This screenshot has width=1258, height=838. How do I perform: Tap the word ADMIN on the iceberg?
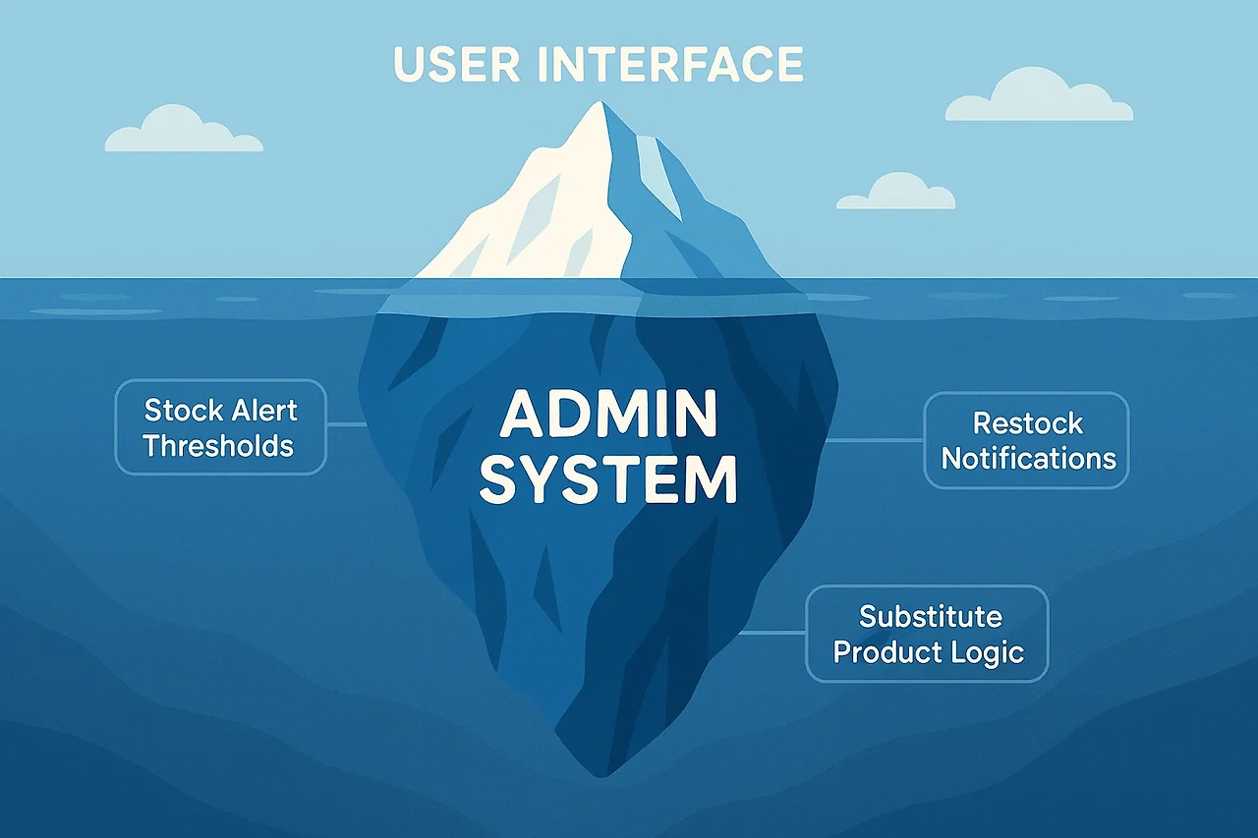(608, 415)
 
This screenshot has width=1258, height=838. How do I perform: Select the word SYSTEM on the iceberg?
(608, 481)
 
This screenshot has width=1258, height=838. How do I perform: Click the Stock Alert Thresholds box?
(220, 427)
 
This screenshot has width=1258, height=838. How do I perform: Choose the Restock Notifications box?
(1027, 440)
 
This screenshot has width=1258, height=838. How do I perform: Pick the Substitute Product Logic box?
(928, 634)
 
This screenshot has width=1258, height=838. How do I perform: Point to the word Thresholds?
(219, 446)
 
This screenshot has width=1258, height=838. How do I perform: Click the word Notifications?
(1029, 458)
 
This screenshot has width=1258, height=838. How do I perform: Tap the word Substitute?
(930, 616)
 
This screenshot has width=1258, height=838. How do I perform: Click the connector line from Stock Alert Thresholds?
(346, 424)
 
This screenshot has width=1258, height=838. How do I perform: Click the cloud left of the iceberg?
(183, 133)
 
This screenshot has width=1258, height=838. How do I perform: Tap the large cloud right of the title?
(1040, 98)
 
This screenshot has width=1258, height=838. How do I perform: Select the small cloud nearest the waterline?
(895, 194)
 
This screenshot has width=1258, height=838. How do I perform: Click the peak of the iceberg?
(597, 105)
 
